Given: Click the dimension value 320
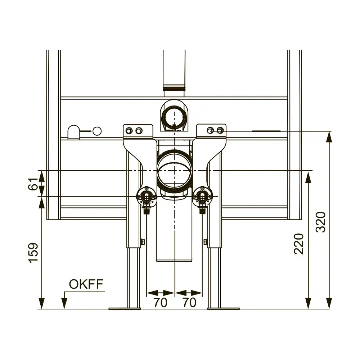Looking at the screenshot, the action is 321,222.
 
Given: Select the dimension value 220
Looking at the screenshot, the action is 299,244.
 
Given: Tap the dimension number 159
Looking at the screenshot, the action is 33,253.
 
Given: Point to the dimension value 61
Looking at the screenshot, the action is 33,184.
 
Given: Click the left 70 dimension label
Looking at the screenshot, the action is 160,302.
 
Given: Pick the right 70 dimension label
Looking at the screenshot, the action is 189,302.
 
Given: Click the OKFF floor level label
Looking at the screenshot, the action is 86,284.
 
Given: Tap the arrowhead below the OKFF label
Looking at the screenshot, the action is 64,303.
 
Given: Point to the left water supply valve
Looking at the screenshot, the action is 146,197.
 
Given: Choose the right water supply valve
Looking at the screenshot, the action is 202,197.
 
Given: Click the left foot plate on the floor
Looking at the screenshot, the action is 125,309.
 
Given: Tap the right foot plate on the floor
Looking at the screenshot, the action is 224,309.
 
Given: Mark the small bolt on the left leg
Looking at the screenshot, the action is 142,242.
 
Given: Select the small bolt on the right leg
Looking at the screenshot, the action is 206,242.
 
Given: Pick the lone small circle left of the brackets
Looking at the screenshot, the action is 97,131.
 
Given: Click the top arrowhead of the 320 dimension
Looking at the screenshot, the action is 329,137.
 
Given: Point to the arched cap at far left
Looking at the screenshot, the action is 74,132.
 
